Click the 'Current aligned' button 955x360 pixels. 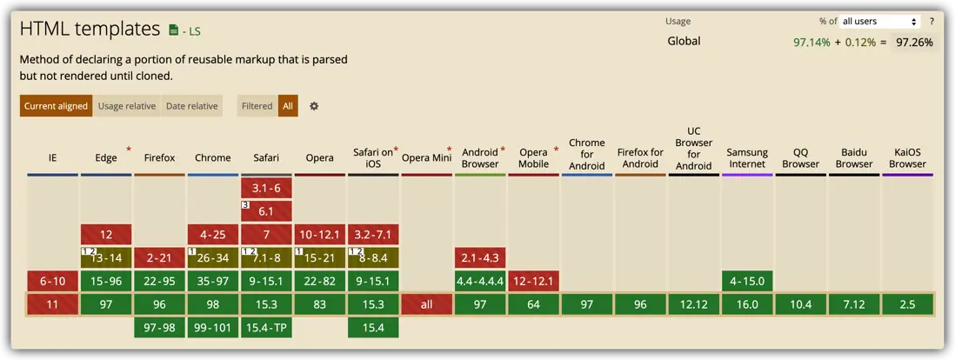pos(56,106)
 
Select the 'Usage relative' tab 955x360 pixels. pos(127,106)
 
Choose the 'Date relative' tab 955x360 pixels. pos(191,106)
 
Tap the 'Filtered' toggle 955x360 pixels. pos(257,106)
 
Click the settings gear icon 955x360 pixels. pos(314,106)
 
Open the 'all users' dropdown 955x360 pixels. pos(879,22)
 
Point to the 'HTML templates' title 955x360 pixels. pos(90,29)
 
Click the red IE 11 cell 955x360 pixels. pos(53,304)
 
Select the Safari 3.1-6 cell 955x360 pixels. pos(266,188)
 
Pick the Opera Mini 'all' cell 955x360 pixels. pos(426,304)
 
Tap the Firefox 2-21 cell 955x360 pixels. pos(159,257)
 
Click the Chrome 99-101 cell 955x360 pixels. pos(213,328)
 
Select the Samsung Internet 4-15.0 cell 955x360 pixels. pos(747,281)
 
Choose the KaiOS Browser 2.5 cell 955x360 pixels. pos(907,304)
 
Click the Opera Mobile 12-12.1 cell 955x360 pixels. pos(533,281)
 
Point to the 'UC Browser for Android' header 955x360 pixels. pos(693,149)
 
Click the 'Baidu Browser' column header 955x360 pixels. pos(854,157)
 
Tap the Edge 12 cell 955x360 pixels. pos(106,234)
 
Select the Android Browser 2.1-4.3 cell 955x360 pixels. pos(480,257)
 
